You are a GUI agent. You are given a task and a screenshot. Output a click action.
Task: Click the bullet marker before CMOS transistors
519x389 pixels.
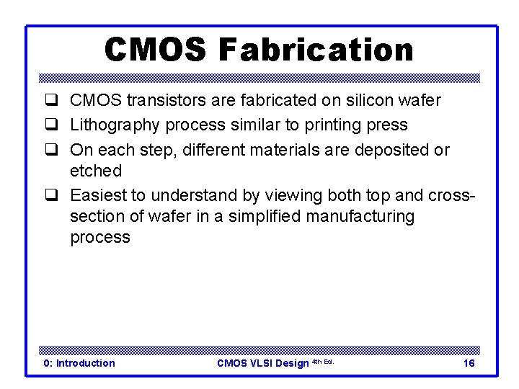pyautogui.click(x=51, y=102)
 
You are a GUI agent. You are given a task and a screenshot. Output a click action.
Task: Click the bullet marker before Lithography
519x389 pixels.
pyautogui.click(x=51, y=125)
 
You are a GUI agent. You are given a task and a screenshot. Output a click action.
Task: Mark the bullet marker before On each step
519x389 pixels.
pyautogui.click(x=51, y=150)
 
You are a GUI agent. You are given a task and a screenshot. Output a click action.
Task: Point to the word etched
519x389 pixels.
pyautogui.click(x=96, y=171)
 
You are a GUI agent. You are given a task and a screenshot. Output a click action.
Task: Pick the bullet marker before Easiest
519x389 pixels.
pyautogui.click(x=51, y=194)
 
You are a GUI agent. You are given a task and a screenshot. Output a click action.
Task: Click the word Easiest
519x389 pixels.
pyautogui.click(x=100, y=194)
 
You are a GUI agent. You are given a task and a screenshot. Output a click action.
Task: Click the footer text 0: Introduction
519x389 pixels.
pyautogui.click(x=79, y=363)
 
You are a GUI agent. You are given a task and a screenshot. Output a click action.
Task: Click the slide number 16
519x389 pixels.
pyautogui.click(x=469, y=363)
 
